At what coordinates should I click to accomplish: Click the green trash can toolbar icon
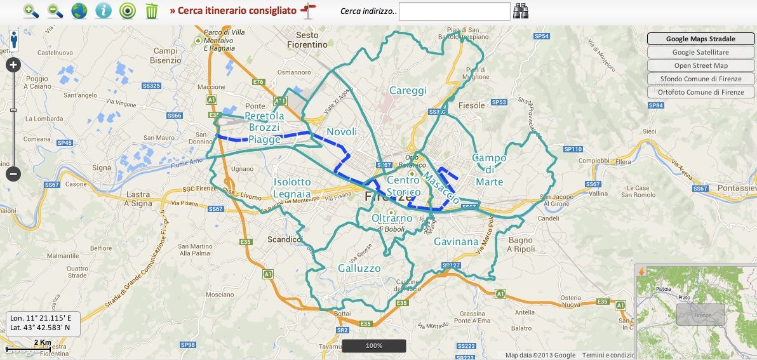point(152,11)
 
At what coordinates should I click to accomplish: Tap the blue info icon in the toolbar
point(104,11)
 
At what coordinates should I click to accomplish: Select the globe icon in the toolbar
point(79,11)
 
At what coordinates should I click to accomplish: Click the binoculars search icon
point(521,11)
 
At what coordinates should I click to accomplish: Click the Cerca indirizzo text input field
point(454,11)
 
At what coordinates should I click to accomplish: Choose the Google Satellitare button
point(700,52)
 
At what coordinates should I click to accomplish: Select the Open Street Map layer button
point(700,65)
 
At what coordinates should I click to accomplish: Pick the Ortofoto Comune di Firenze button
point(700,92)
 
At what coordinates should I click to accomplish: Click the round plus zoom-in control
point(13,65)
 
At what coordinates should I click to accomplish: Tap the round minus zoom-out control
point(13,173)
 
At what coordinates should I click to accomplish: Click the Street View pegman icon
point(13,40)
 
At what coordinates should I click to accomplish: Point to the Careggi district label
point(408,91)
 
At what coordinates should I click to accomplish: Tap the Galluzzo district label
point(359,268)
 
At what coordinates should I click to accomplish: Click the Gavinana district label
point(456,242)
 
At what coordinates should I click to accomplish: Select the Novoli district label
point(342,131)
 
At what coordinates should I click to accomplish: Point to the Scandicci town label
point(285,240)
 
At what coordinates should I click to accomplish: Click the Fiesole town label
point(471,105)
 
